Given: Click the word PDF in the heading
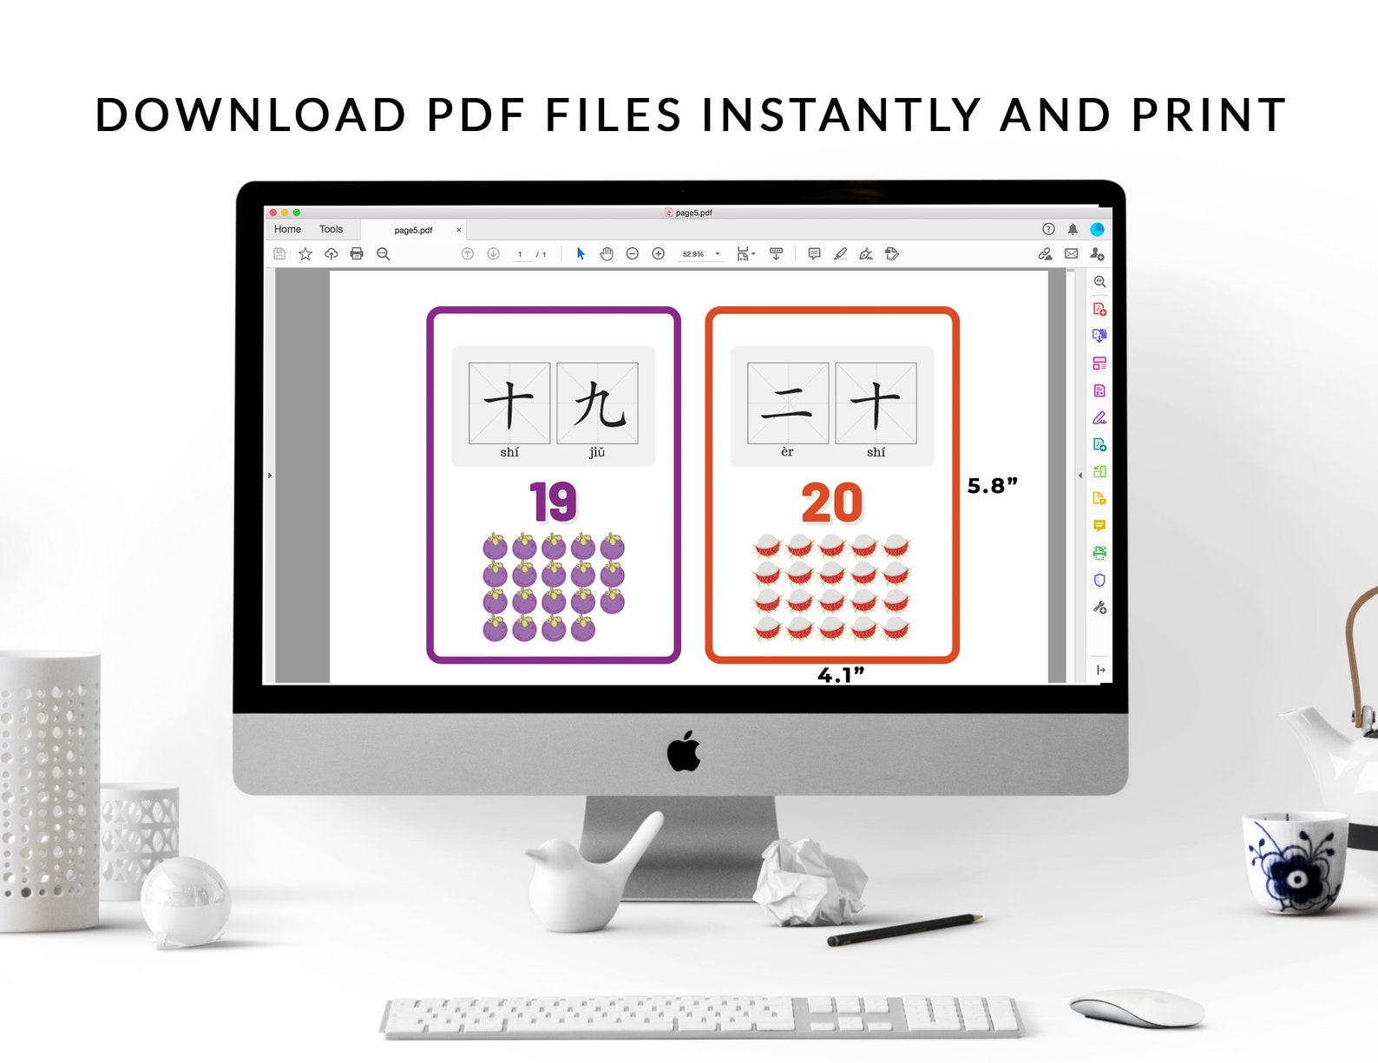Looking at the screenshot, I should (x=476, y=115).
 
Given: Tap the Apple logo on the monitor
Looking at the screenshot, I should (x=684, y=751).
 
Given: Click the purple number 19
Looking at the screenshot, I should (x=553, y=502).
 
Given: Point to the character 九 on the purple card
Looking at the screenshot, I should (x=598, y=404).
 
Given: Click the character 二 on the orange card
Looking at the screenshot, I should (x=787, y=404).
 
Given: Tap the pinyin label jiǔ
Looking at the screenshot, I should (x=597, y=452).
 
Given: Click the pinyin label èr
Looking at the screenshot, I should (x=787, y=452).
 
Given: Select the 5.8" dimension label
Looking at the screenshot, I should (x=992, y=486).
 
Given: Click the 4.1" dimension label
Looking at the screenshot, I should (x=840, y=675).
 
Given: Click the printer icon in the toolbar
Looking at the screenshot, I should (x=357, y=253).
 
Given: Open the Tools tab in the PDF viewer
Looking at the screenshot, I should (x=331, y=229).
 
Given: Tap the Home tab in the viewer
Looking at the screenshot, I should (x=287, y=229).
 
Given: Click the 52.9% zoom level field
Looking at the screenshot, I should (x=693, y=254).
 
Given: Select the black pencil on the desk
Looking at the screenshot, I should (x=903, y=929).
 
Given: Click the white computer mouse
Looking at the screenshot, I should (x=1138, y=1007).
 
